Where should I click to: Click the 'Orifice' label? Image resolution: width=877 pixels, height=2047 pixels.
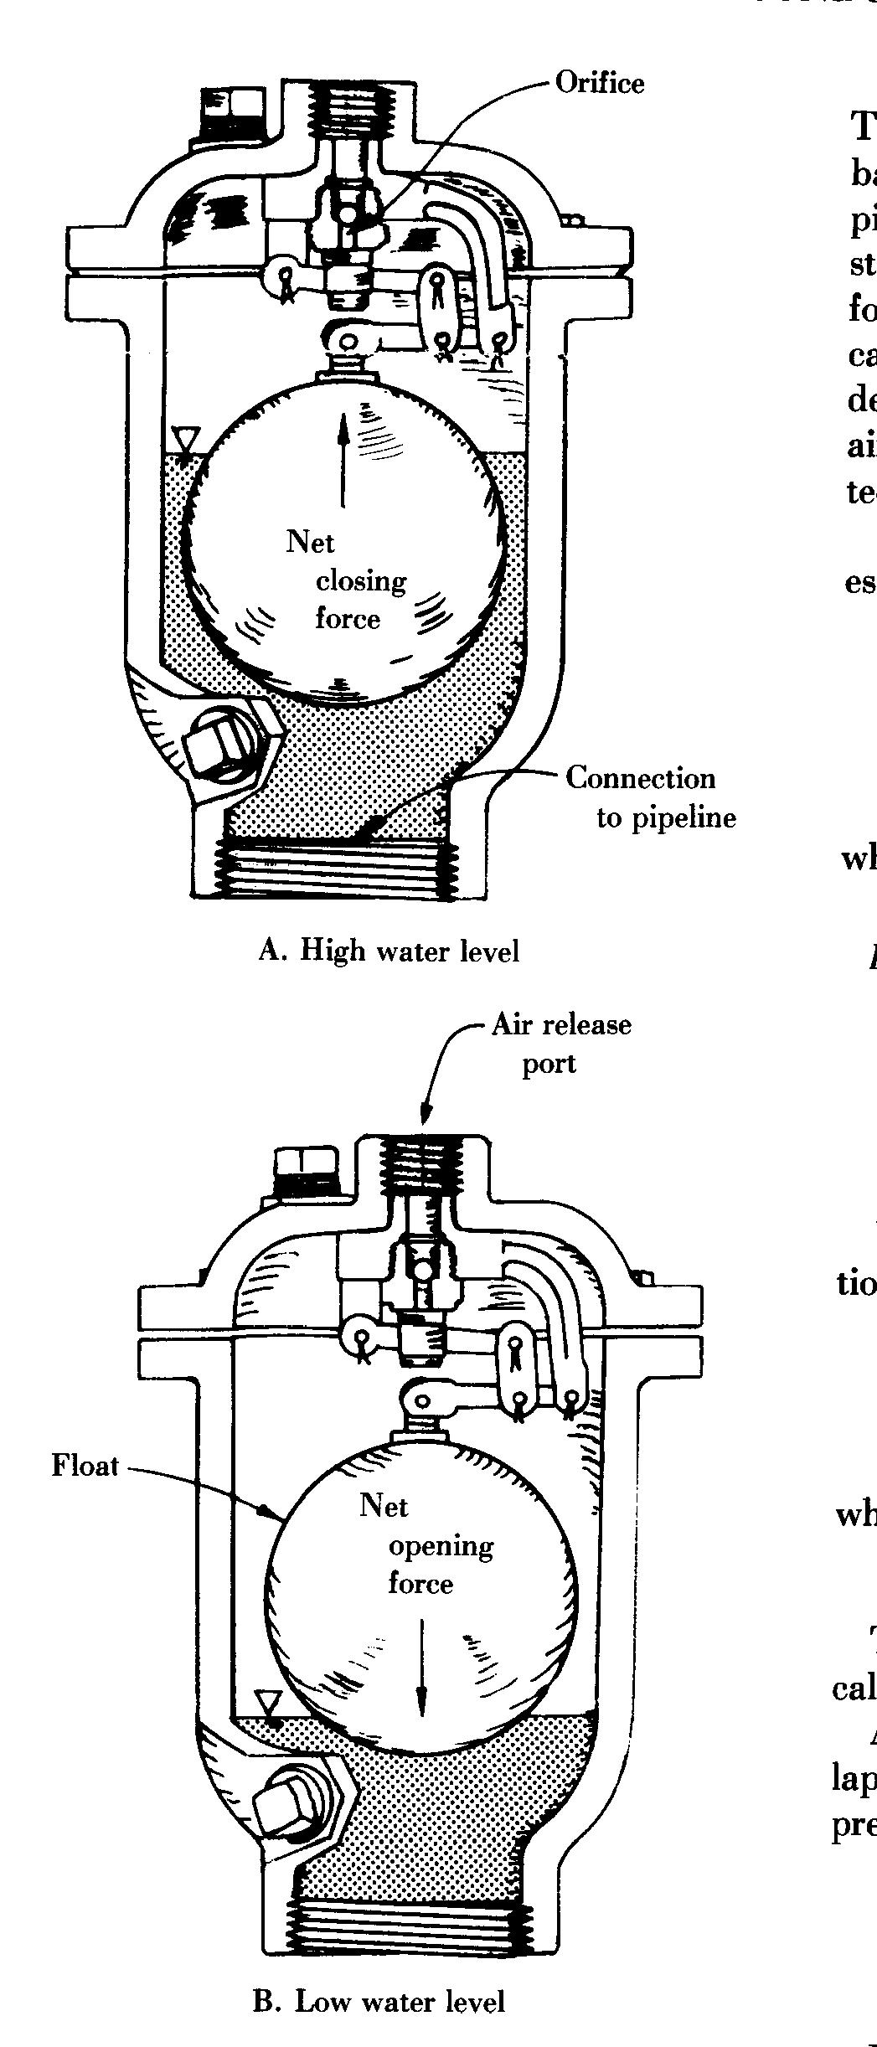(600, 83)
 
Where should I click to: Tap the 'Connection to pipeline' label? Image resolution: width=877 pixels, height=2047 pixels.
(650, 796)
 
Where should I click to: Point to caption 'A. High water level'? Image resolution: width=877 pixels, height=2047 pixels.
(389, 950)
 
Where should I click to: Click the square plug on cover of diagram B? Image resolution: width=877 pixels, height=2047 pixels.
(307, 1170)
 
